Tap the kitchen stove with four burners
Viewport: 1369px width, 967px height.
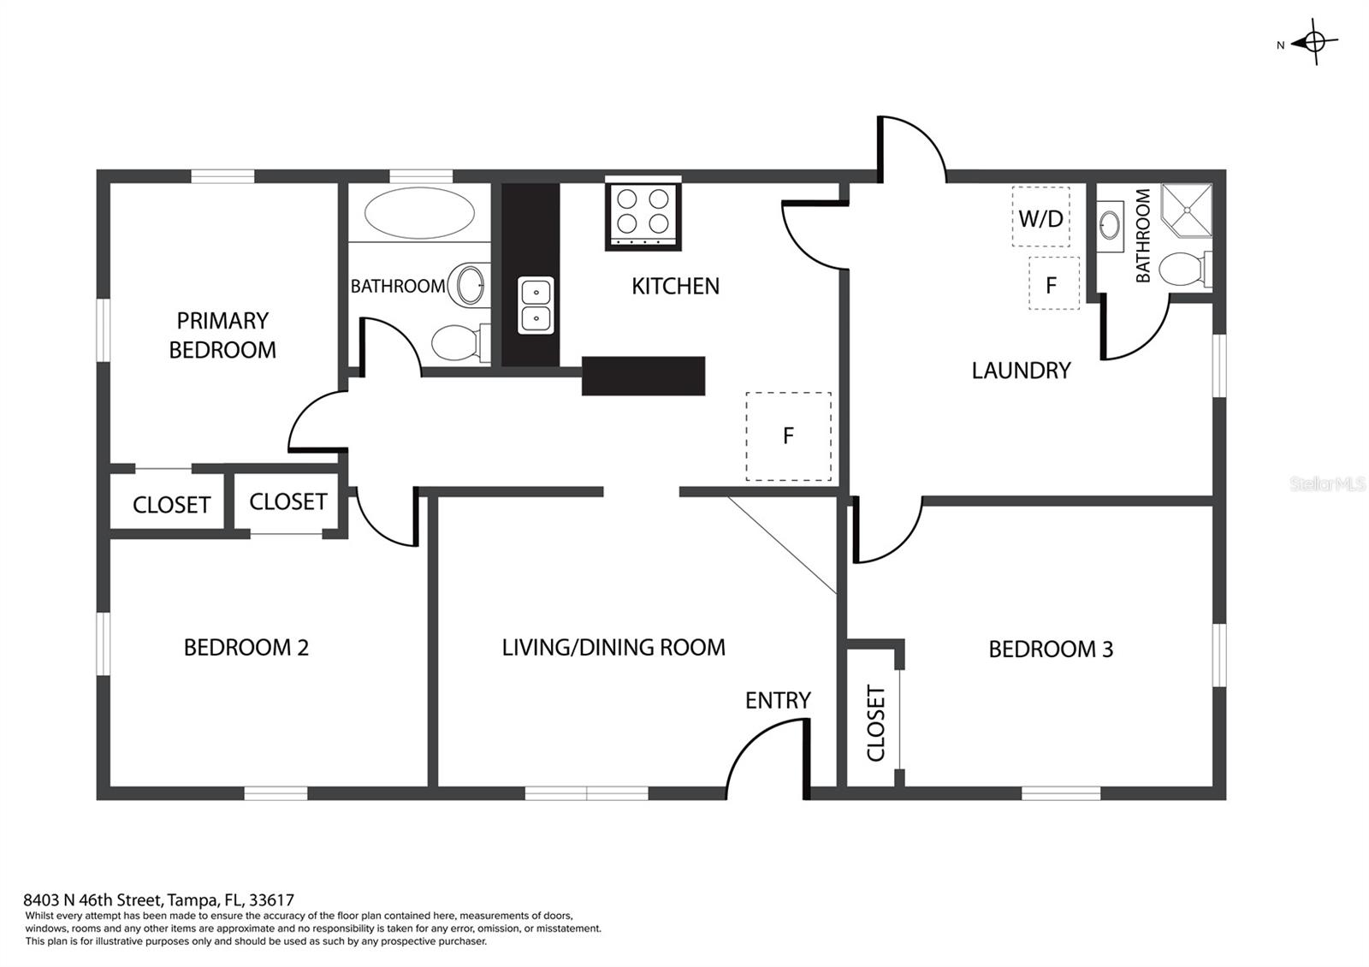[x=643, y=215]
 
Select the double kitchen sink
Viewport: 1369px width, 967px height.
[x=536, y=305]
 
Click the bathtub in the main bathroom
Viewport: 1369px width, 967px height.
[x=419, y=213]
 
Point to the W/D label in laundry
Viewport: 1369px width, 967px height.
[x=1040, y=218]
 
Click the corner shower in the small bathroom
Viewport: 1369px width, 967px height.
[x=1186, y=210]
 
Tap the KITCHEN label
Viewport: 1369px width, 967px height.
[x=675, y=286]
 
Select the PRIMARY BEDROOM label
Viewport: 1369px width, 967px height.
[x=222, y=335]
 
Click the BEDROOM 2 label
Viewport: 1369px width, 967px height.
[x=246, y=647]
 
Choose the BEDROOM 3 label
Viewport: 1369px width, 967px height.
[x=1052, y=650]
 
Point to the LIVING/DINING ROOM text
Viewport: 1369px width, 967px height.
[x=613, y=647]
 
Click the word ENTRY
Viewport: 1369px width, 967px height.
[x=778, y=700]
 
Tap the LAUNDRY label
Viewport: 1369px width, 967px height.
[x=1022, y=371]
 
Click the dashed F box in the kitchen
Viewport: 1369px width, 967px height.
[x=788, y=436]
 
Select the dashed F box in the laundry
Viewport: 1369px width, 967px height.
[x=1053, y=283]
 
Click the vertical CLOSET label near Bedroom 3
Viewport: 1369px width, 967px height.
[x=876, y=724]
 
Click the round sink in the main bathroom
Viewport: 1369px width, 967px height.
[x=470, y=284]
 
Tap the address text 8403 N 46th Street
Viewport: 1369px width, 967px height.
[x=93, y=899]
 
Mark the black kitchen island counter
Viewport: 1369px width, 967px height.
[x=643, y=376]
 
